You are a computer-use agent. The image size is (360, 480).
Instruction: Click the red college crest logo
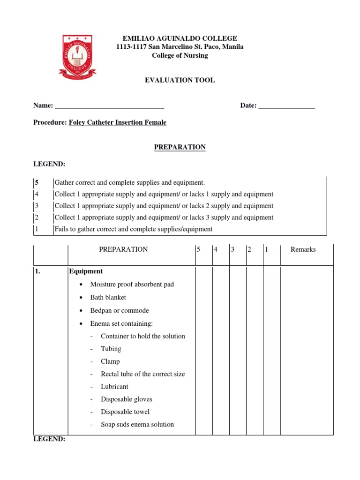(77, 56)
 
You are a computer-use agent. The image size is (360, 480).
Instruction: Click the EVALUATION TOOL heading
(180, 80)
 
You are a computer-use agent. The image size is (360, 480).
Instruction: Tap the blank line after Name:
(109, 106)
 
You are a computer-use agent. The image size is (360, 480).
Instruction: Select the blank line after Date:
(286, 106)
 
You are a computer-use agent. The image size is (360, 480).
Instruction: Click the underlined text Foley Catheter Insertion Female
(117, 122)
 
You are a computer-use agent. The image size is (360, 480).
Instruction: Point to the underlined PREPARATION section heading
(180, 147)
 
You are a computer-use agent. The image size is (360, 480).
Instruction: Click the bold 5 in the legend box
(36, 182)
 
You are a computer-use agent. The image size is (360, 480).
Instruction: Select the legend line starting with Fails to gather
(133, 229)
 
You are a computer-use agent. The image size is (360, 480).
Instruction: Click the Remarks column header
(303, 249)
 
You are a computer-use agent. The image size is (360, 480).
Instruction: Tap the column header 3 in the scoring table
(232, 249)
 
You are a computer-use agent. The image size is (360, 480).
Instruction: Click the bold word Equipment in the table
(86, 271)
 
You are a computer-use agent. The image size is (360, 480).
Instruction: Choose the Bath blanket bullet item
(108, 297)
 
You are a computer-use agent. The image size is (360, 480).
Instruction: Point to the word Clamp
(110, 361)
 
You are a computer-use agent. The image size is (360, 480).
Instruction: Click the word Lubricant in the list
(114, 387)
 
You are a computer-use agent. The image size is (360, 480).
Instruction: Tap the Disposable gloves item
(126, 399)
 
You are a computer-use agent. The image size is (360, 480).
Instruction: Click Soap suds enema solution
(137, 425)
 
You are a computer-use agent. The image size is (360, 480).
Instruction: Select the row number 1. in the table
(38, 271)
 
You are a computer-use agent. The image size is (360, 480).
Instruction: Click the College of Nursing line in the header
(180, 55)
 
